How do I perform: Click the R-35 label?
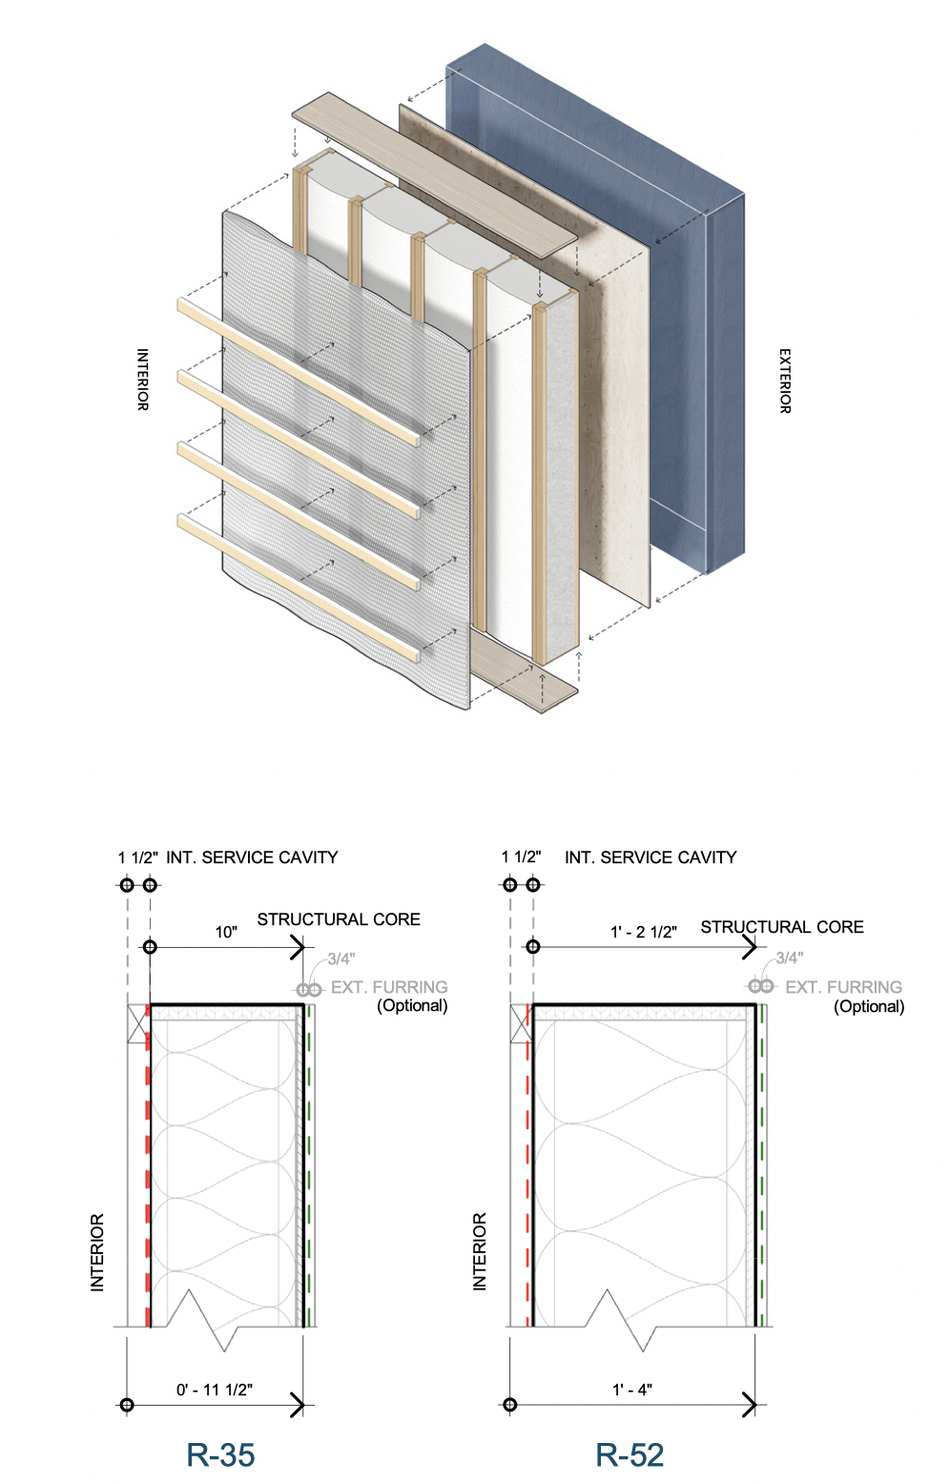click(x=220, y=1454)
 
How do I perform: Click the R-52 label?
click(x=630, y=1454)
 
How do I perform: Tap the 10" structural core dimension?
click(x=226, y=932)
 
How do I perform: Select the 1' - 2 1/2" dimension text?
click(x=644, y=932)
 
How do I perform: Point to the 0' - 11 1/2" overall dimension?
click(x=215, y=1390)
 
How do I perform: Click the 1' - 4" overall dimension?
click(x=632, y=1390)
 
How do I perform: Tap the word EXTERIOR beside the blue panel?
click(x=785, y=381)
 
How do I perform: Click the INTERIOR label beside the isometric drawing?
click(x=142, y=380)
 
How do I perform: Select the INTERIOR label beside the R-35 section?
click(x=97, y=1252)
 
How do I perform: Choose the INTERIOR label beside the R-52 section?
click(x=480, y=1251)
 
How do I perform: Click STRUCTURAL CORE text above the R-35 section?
click(x=339, y=919)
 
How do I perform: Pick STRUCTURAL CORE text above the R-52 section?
click(x=782, y=927)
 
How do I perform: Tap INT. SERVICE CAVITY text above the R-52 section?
click(x=651, y=857)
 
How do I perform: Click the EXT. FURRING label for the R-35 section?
click(x=389, y=987)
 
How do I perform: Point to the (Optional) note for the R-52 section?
click(x=869, y=1006)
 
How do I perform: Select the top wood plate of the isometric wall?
click(x=435, y=177)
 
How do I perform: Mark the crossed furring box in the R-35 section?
click(x=138, y=1023)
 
